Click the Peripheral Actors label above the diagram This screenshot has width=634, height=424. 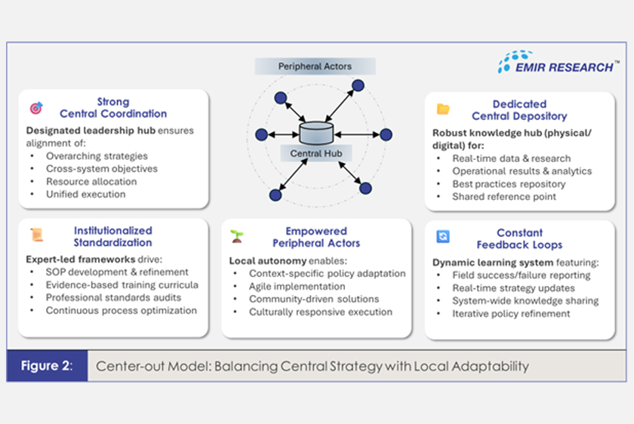pos(315,66)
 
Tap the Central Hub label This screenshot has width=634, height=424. pos(316,154)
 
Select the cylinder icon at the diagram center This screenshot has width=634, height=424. pos(316,133)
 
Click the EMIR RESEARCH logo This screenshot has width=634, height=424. pos(558,63)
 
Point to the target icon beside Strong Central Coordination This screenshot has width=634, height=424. pos(36,108)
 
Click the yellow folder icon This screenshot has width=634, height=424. pos(443,109)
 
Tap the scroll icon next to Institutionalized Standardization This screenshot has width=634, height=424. pos(37,235)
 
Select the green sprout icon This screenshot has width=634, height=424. pos(237,236)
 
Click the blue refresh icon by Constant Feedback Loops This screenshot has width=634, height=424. pos(443,236)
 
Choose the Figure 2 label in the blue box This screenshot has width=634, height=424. pos(47,365)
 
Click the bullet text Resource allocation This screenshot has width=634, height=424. pos(91,182)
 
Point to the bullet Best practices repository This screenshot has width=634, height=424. pos(509,184)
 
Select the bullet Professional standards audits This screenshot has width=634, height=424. pos(113,297)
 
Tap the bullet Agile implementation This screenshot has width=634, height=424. pos(297,286)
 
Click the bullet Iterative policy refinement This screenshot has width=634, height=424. pos(511,314)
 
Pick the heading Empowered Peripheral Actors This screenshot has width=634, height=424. pos(316,237)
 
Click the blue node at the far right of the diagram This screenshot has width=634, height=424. pos(386,134)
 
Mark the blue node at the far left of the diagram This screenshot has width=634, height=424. pos(262,134)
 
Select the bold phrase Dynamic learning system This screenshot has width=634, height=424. pos(493,263)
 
